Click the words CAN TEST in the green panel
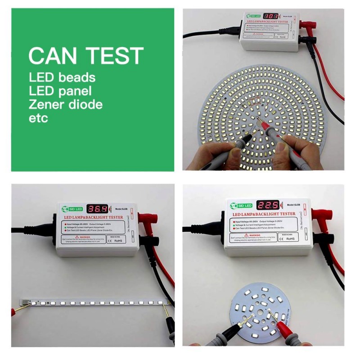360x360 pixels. tap(85, 55)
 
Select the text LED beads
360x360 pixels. tap(62, 77)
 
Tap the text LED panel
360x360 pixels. tap(60, 91)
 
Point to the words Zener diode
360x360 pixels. tap(65, 105)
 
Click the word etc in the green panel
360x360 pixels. tap(38, 119)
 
